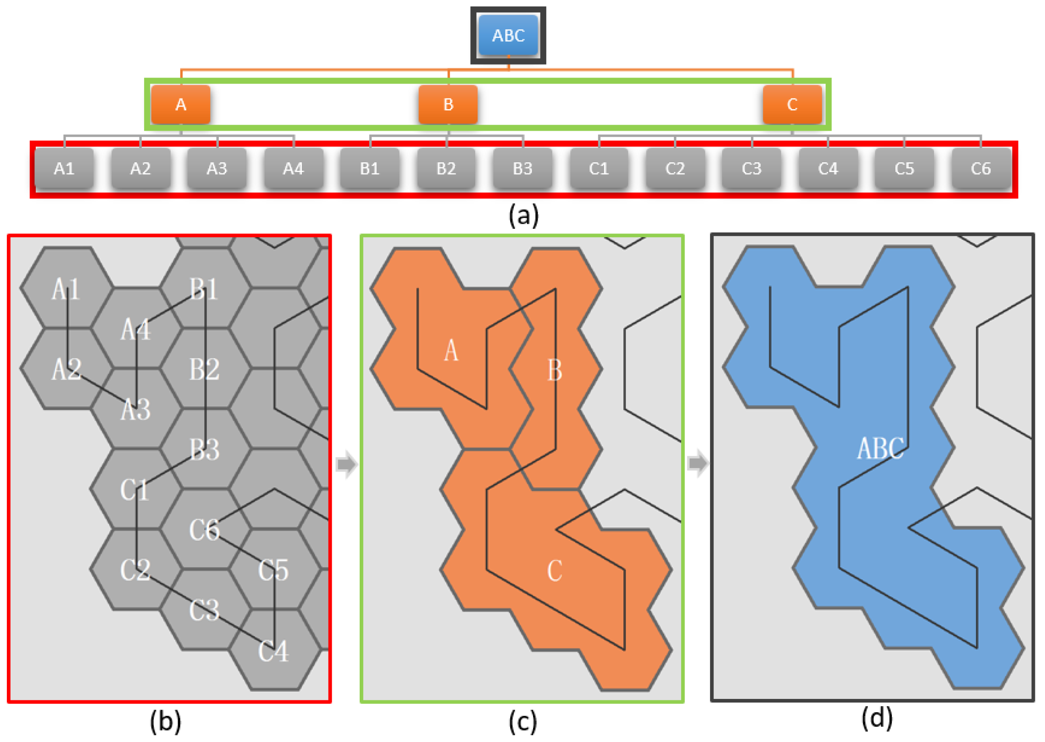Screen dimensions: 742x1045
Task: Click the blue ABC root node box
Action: point(508,35)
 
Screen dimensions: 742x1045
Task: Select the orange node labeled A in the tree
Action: point(181,105)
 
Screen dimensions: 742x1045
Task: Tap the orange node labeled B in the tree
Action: point(448,105)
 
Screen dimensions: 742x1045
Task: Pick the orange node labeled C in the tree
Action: point(792,105)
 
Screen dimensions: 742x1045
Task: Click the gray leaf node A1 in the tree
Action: point(64,168)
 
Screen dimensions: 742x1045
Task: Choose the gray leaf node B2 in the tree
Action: point(446,168)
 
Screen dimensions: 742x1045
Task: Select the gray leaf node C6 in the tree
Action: point(981,168)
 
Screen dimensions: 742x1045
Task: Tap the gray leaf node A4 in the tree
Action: point(293,168)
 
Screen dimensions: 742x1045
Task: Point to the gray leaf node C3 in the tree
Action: point(751,168)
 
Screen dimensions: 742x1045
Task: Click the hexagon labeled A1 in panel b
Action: point(67,289)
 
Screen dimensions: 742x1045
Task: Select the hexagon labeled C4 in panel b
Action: point(274,650)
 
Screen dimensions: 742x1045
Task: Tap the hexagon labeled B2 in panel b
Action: point(205,369)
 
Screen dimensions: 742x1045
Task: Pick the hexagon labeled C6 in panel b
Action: point(205,530)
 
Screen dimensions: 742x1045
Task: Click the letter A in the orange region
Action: point(451,351)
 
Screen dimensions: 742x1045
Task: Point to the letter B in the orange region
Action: point(555,370)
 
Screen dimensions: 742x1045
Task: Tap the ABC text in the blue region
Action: point(880,448)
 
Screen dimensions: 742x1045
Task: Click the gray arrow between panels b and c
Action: point(346,464)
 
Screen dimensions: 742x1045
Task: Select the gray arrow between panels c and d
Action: point(698,463)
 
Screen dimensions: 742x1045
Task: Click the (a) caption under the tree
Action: point(523,215)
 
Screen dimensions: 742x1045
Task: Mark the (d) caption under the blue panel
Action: point(877,718)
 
